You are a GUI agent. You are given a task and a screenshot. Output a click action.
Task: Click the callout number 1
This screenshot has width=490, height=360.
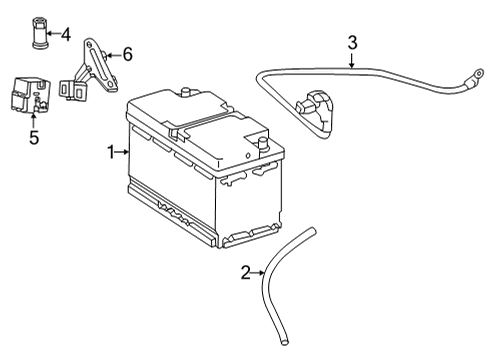[110, 152]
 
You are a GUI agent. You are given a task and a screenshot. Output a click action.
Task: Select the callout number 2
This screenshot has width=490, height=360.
[246, 273]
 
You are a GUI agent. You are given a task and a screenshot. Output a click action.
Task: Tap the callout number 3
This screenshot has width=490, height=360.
[352, 43]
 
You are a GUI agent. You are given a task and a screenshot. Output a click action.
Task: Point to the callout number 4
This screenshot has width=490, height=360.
[66, 34]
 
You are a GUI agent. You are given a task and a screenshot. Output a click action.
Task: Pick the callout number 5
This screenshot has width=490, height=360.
[34, 137]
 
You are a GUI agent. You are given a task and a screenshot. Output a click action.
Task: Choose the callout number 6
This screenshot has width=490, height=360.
[127, 54]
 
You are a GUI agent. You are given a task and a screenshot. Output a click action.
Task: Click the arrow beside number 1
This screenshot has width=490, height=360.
[122, 152]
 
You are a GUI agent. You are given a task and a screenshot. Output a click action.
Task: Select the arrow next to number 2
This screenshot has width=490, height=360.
[258, 273]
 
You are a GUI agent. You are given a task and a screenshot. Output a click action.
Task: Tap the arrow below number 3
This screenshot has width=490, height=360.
[352, 61]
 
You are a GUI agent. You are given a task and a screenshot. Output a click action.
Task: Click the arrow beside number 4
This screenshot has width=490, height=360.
[53, 33]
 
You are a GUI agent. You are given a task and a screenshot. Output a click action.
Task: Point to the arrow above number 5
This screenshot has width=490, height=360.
[33, 120]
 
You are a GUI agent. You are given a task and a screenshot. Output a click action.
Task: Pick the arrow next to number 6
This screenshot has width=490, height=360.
[114, 55]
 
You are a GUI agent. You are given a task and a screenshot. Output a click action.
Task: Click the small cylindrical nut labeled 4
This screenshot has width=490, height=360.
[40, 32]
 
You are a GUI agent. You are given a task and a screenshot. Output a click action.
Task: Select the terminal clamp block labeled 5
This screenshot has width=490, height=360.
[29, 96]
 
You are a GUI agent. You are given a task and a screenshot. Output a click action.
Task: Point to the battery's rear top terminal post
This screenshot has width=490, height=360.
[185, 92]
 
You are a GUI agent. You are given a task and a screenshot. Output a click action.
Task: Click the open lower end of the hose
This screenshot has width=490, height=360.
[284, 341]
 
